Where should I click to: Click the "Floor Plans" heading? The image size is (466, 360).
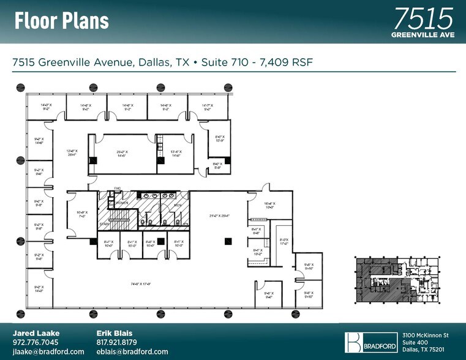click(x=61, y=21)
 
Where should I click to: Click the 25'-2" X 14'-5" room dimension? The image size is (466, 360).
click(x=125, y=154)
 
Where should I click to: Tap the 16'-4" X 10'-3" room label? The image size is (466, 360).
click(x=270, y=206)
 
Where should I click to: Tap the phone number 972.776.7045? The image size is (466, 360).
click(x=36, y=342)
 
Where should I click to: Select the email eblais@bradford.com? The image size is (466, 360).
click(x=132, y=351)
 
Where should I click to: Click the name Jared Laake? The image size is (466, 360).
click(x=36, y=332)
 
